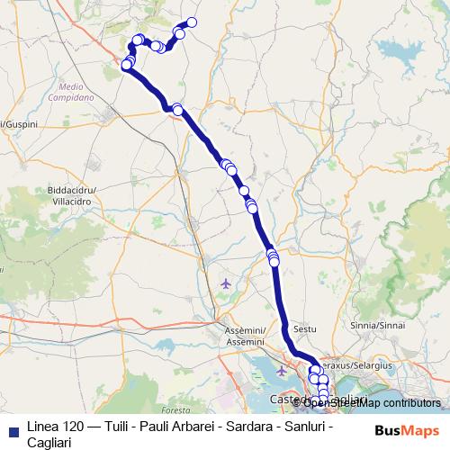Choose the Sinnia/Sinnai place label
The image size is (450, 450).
click(377, 325)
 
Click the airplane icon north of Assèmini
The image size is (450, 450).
click(225, 284)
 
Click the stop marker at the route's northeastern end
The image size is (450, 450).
click(191, 23)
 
